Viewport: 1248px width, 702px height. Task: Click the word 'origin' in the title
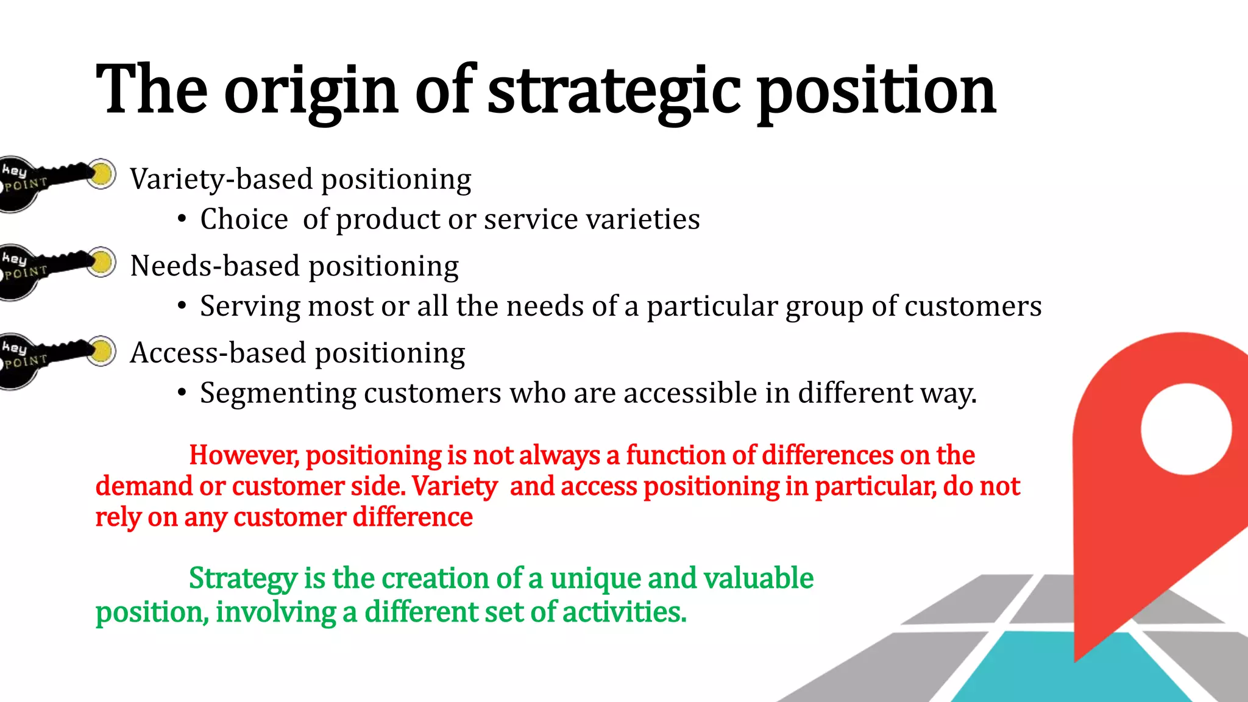coord(311,91)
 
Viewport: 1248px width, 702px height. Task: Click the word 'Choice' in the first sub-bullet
coord(244,219)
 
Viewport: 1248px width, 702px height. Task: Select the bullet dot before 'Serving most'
coord(182,307)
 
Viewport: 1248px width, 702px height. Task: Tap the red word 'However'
coord(243,455)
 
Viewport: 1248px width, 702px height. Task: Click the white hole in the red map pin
coord(1186,429)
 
